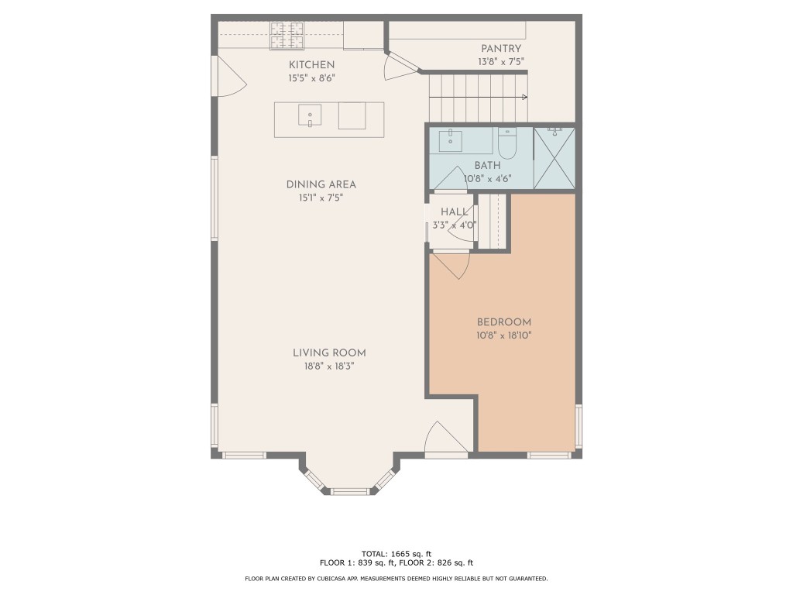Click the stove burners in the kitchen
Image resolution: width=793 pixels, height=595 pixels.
click(x=287, y=34)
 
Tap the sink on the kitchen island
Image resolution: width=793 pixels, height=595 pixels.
click(x=310, y=115)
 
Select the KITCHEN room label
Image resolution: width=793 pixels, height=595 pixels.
click(x=311, y=64)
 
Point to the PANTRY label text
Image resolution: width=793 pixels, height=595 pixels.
click(x=500, y=49)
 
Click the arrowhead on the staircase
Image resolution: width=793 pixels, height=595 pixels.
click(x=525, y=97)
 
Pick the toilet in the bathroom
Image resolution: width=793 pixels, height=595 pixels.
click(x=506, y=143)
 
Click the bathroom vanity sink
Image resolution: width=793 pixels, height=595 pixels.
click(x=450, y=141)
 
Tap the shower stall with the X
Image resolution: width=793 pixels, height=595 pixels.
click(x=554, y=159)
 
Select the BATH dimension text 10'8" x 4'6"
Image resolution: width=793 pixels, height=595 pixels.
click(x=487, y=179)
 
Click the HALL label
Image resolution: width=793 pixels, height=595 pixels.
click(x=454, y=212)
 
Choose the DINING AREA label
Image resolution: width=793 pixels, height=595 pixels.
click(x=321, y=184)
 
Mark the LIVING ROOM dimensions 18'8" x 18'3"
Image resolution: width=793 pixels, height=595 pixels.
click(x=328, y=366)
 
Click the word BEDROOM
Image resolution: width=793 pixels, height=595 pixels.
click(x=503, y=322)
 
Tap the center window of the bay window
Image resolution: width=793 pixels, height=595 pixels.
click(x=350, y=490)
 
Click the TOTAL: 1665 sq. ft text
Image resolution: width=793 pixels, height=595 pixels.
click(x=396, y=553)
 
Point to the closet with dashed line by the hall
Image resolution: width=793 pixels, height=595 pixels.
click(x=492, y=222)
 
